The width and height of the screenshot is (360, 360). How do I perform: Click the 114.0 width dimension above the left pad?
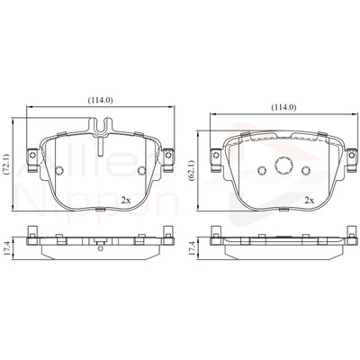point(100,100)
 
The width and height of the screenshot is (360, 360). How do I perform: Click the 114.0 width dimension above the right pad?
point(283,107)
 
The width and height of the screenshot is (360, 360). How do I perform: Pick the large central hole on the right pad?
point(285,167)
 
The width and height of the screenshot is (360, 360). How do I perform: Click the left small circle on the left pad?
point(59,172)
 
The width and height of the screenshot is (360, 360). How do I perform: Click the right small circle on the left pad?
point(140,172)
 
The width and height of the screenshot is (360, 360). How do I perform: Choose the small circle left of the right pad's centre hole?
point(263,170)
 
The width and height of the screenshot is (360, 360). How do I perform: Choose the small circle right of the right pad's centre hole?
point(307,170)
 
